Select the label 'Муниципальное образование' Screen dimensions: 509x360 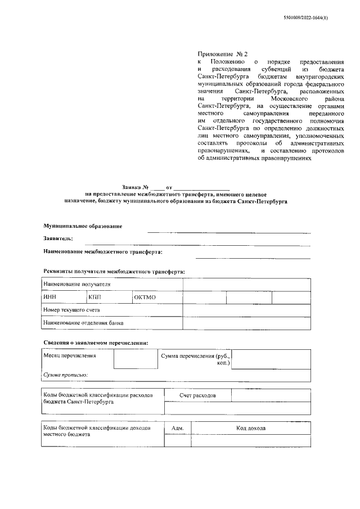point(83,226)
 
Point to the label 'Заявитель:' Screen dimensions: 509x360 point(58,238)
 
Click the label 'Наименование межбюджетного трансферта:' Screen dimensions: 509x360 point(102,252)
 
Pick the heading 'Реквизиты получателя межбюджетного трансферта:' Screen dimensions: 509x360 point(114,271)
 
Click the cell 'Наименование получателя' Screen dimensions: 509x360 point(76,285)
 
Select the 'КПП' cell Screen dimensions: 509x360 point(96,298)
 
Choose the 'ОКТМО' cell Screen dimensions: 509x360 point(145,298)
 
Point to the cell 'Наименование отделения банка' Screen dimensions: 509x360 point(83,323)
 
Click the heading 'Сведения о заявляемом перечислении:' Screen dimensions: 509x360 point(96,343)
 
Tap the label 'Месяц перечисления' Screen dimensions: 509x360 point(70,356)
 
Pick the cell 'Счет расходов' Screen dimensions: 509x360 point(197,396)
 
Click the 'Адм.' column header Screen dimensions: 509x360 point(178,429)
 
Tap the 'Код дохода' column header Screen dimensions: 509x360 point(251,429)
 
